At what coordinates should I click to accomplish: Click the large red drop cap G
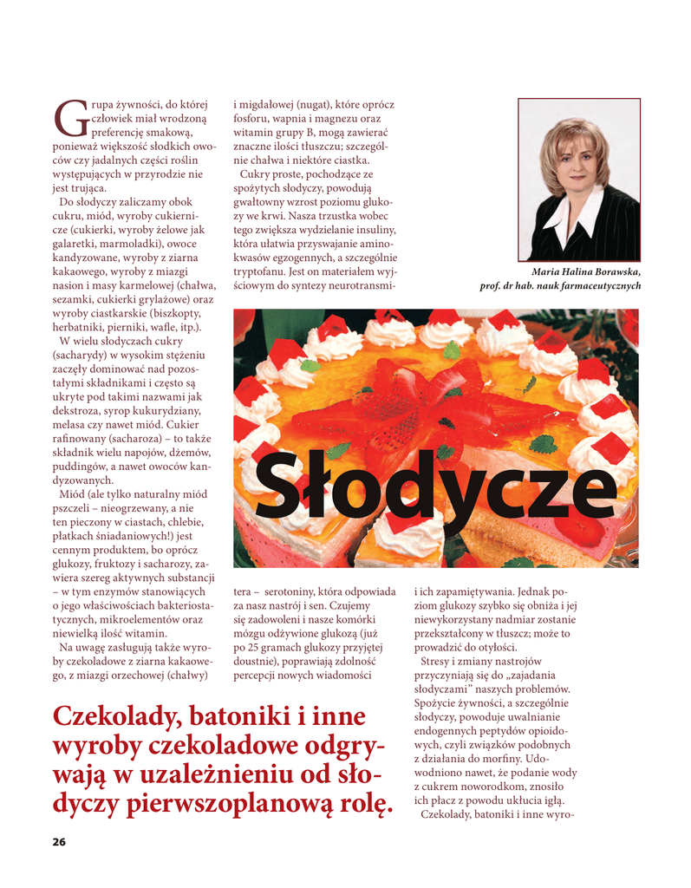(x=70, y=118)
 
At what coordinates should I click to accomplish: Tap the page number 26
(x=59, y=842)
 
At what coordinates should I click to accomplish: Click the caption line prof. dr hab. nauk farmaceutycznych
(x=559, y=285)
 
